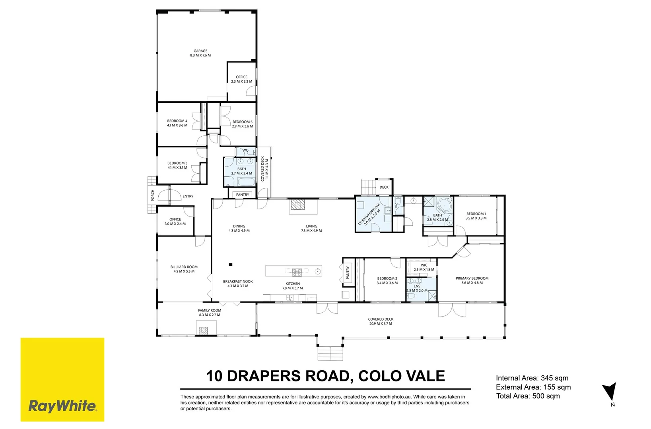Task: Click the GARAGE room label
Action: [200, 51]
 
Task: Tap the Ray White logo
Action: [62, 379]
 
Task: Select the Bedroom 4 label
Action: [177, 121]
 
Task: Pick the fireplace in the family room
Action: [203, 330]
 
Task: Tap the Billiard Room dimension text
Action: [184, 271]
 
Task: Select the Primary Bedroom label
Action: [472, 278]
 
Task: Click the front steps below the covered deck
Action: [330, 354]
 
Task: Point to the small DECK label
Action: [384, 187]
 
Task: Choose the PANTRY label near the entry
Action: [242, 195]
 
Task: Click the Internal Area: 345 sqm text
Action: [532, 378]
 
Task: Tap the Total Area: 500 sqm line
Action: [528, 396]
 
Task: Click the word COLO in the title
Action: [375, 376]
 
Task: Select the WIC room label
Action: [424, 265]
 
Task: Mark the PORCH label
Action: [153, 195]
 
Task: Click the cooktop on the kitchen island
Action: [297, 272]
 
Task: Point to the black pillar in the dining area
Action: [231, 265]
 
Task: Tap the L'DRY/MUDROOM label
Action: [369, 214]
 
